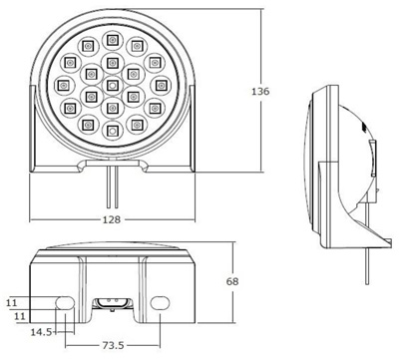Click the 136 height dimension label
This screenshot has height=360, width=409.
coord(260,91)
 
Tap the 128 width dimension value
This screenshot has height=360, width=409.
coord(112,219)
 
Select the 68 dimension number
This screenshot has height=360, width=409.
coord(232,281)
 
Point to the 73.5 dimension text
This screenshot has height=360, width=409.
coord(113,346)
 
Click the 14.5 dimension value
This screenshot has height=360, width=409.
coord(41,332)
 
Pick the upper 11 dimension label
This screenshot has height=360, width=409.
coord(11,303)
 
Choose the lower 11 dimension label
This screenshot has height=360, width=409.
coord(20,316)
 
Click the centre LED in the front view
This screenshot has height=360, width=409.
coord(113,86)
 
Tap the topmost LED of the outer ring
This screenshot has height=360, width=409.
coord(113,40)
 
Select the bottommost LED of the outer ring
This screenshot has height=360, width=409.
coord(113,131)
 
